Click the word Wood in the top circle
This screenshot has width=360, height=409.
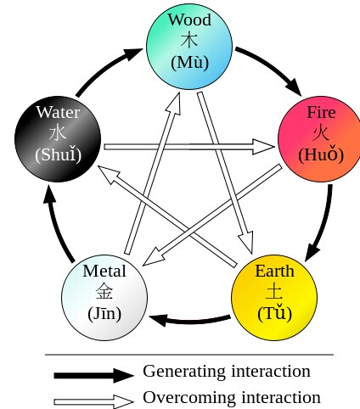coord(189,20)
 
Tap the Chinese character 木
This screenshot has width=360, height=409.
coord(189,41)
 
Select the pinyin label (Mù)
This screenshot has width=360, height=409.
coord(189,62)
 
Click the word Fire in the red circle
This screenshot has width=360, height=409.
coord(321,112)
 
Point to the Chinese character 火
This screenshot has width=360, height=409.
coord(321,132)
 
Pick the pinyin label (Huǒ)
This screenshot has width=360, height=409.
coord(321,154)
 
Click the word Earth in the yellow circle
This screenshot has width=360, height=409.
coord(274,271)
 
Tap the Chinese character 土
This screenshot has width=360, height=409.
coord(274,292)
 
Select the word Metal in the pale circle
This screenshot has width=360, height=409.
coord(104,271)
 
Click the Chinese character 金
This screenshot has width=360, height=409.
coord(104,292)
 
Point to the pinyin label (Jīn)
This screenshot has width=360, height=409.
coord(104,313)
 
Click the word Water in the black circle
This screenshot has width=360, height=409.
coord(58,112)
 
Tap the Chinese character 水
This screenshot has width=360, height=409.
coord(58,132)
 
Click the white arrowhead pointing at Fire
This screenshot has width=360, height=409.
coord(263,147)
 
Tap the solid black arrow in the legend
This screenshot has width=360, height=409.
coord(93,376)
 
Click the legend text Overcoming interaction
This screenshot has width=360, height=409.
coord(232,397)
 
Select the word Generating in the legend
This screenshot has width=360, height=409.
coord(184,372)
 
